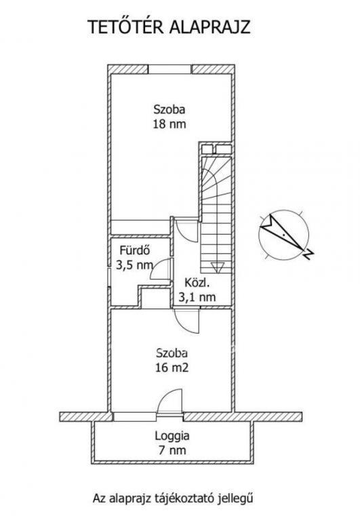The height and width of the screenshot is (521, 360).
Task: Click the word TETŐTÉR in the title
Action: [125, 27]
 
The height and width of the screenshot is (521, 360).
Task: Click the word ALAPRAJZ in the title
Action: [210, 27]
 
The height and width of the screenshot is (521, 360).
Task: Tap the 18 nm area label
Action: [169, 124]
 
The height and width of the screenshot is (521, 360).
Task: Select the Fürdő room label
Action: [134, 250]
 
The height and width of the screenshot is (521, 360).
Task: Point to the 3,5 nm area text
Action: [134, 265]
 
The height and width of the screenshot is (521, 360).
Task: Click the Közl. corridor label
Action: [197, 283]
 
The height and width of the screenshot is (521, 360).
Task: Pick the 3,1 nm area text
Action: [197, 296]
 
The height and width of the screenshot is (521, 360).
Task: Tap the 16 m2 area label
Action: [172, 368]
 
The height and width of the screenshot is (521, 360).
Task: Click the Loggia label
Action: [172, 436]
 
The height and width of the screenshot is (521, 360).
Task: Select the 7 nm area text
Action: [172, 450]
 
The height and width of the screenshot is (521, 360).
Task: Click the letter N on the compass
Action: [309, 255]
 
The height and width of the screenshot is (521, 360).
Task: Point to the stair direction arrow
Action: [217, 267]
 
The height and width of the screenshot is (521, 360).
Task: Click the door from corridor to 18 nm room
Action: [187, 230]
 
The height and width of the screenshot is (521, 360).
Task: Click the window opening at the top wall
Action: [169, 69]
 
